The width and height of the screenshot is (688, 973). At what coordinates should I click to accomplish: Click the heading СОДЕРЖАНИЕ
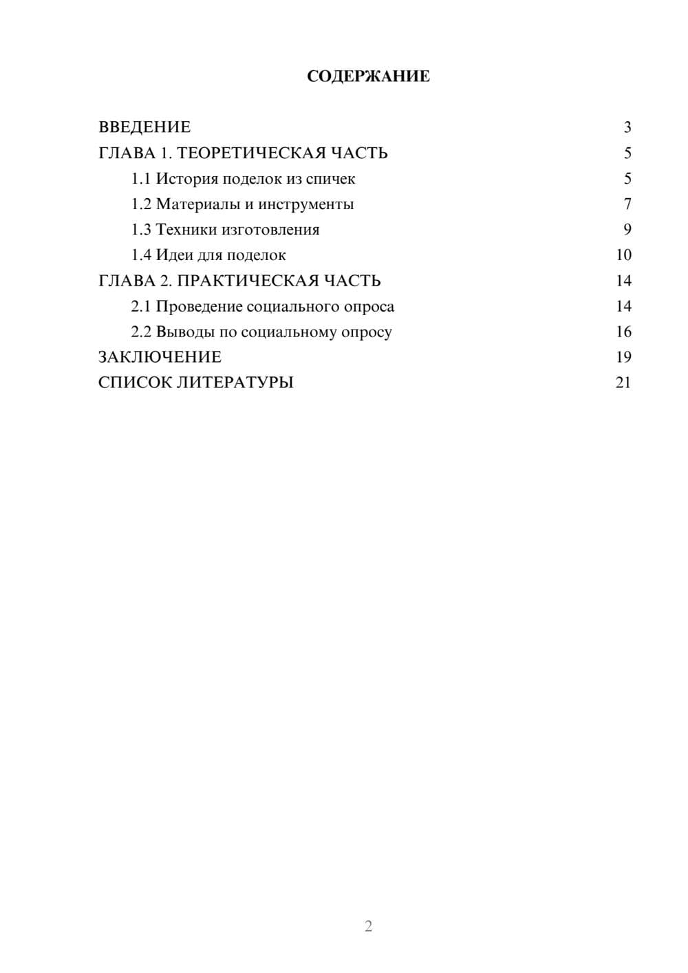(368, 76)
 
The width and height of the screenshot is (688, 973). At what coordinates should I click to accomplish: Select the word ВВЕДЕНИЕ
(144, 127)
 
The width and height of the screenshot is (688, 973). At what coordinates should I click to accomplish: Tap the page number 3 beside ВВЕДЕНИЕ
(627, 127)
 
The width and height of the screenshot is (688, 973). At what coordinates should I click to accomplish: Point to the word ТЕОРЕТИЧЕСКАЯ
(251, 153)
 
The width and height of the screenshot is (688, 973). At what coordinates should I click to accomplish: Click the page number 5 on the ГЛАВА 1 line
(627, 153)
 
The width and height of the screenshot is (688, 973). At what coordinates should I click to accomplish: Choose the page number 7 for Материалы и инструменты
(627, 204)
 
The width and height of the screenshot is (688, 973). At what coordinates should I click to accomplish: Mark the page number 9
(627, 230)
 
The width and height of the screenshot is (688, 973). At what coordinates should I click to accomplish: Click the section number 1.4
(141, 255)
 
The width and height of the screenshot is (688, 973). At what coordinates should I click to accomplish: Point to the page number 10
(623, 255)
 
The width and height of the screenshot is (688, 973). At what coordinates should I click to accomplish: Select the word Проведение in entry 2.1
(199, 306)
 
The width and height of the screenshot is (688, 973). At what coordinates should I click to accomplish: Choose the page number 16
(623, 332)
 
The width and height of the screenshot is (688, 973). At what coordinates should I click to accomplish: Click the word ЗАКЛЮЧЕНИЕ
(160, 357)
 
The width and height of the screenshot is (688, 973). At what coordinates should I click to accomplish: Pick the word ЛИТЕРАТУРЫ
(235, 383)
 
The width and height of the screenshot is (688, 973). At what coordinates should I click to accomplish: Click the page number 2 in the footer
(368, 926)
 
